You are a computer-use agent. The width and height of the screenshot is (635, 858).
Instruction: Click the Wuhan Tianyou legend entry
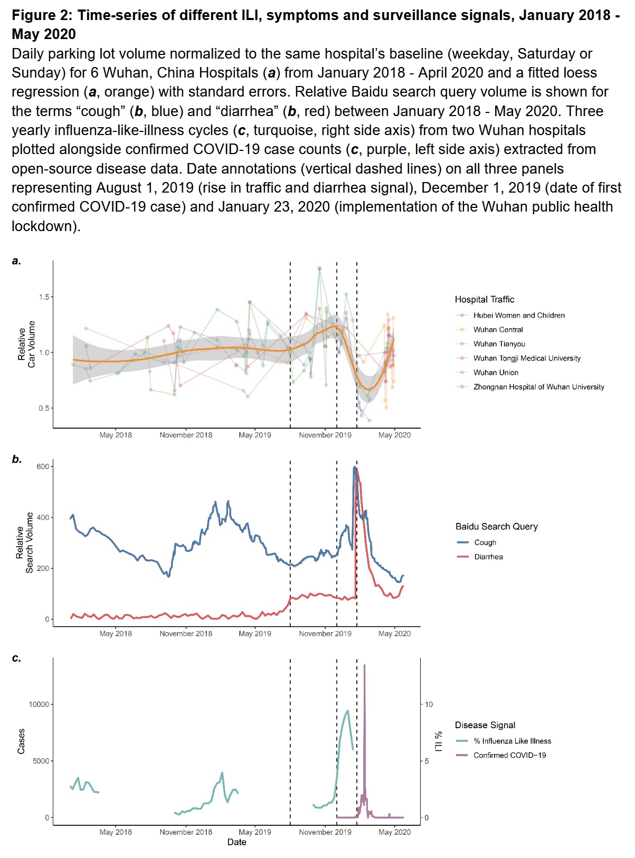pos(499,344)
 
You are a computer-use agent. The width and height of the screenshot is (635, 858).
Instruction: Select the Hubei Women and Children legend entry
pos(518,316)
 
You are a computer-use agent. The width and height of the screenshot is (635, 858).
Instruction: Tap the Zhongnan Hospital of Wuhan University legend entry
pos(538,387)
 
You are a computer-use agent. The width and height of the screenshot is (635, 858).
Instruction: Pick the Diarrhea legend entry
pos(488,557)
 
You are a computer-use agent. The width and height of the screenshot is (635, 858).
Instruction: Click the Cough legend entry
pos(485,542)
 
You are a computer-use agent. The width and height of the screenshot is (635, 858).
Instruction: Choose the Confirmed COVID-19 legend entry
pos(509,755)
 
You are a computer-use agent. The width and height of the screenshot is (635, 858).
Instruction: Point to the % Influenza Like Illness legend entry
pos(512,741)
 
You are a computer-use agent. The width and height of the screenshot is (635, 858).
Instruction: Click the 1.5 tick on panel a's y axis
pos(44,297)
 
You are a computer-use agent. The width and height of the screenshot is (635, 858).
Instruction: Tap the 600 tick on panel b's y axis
pos(43,466)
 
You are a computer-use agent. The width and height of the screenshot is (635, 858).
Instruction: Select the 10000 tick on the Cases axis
pos(39,704)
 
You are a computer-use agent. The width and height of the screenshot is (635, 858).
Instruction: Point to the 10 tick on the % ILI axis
pos(429,704)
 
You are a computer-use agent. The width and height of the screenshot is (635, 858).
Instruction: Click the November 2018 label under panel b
pos(186,634)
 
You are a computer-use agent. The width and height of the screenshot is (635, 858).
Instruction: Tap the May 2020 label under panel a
pos(394,435)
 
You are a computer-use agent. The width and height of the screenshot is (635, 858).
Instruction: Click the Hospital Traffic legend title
pos(485,300)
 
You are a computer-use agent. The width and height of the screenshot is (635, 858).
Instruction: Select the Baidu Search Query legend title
pos(497,527)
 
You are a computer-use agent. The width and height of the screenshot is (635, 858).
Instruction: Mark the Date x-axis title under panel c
pos(236,842)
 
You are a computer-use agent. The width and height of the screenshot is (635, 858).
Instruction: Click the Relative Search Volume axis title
pos(24,542)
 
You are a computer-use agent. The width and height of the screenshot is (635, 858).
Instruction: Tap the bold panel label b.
pos(17,459)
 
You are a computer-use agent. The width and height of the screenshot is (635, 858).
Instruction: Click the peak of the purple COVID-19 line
pos(364,666)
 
